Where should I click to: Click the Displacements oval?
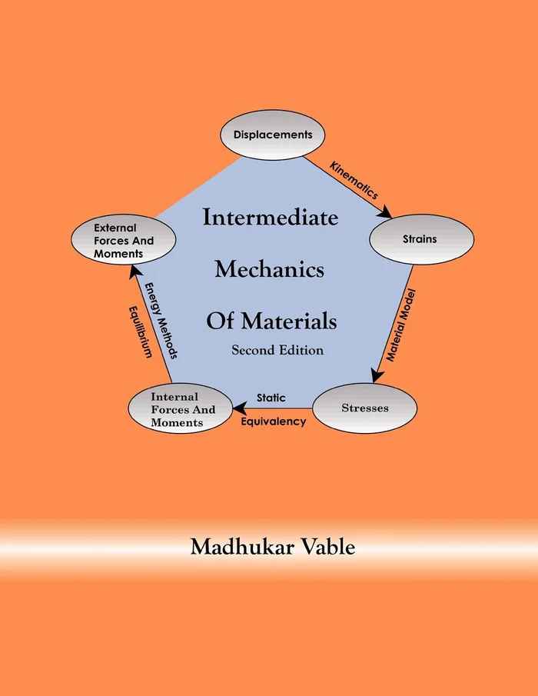(273, 135)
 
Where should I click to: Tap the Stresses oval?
(365, 408)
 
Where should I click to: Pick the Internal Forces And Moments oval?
(182, 410)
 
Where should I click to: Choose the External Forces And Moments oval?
(123, 241)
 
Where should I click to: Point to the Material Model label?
(401, 325)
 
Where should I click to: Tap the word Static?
(271, 398)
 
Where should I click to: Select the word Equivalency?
(274, 421)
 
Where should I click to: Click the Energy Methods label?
(162, 321)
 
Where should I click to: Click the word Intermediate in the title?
(270, 218)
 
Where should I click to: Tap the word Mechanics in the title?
(269, 270)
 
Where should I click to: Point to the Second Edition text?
(277, 350)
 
